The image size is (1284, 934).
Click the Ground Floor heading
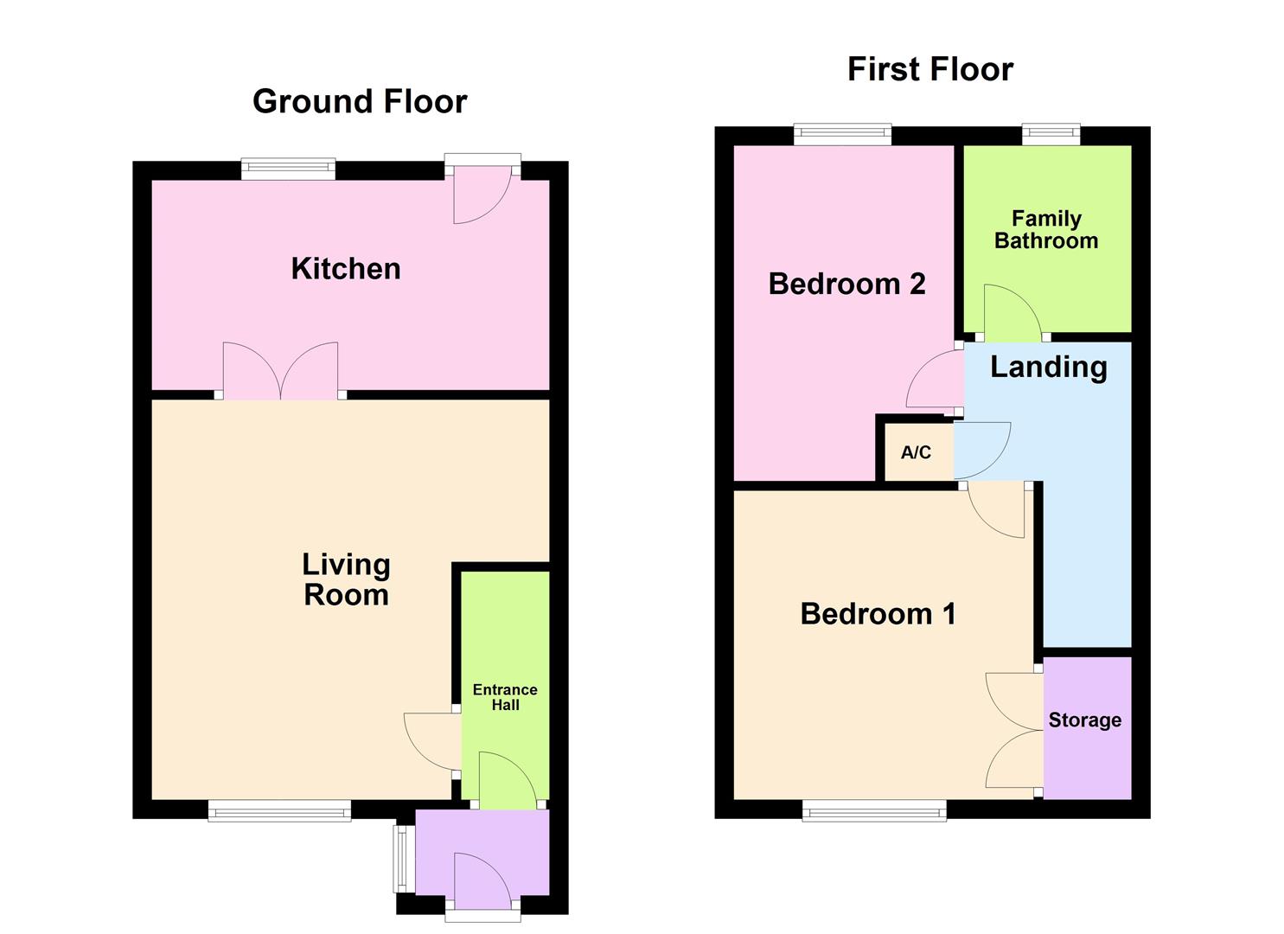(x=360, y=102)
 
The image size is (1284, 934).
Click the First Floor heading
(x=929, y=69)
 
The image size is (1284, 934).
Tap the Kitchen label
(x=346, y=269)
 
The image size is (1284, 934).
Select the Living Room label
(x=346, y=579)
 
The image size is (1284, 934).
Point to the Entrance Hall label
(x=505, y=697)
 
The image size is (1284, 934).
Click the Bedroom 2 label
(x=846, y=284)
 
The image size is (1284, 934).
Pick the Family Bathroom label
(x=1046, y=230)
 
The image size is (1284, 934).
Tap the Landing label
(x=1048, y=367)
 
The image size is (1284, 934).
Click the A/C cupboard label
(x=916, y=452)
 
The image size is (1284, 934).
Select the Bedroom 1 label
(x=878, y=614)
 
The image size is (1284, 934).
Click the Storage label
(x=1084, y=720)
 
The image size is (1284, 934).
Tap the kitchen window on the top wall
(x=288, y=169)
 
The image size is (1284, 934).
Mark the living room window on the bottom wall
(x=279, y=810)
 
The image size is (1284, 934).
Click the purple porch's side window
(x=400, y=859)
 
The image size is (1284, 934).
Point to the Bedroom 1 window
(x=874, y=810)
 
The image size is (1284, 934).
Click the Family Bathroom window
(x=1051, y=134)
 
